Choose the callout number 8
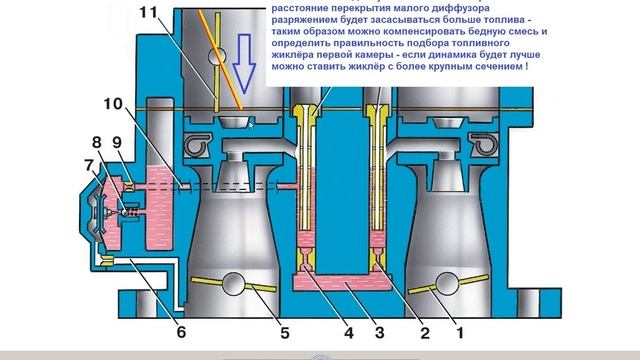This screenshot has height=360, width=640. coord(97,142)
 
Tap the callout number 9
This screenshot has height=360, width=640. coord(118,142)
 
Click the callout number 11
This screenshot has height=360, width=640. coord(148,13)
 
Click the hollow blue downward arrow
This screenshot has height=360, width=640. coord(241,70)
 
